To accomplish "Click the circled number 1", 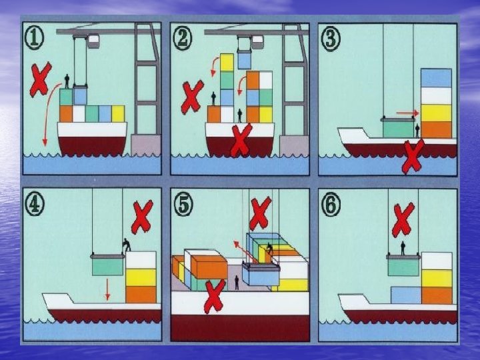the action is tap(34, 37).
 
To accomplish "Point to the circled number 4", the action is tap(34, 203).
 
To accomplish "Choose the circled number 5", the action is tap(183, 205).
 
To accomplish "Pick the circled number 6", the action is tap(331, 205).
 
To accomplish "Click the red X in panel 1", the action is tap(40, 80).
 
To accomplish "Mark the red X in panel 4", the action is tap(142, 217).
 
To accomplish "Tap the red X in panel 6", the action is tap(403, 219).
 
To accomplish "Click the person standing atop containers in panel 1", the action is tap(67, 81).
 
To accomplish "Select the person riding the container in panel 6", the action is tap(403, 248).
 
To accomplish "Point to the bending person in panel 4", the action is tap(127, 245).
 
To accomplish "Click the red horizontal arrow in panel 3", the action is tap(407, 113).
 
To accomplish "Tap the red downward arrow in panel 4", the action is tap(107, 289).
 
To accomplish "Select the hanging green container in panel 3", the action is tap(398, 129).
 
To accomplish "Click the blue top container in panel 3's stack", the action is tap(436, 78).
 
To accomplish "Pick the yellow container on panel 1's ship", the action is tap(118, 114).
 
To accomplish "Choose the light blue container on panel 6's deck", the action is tap(406, 295).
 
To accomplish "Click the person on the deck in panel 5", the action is tap(237, 283).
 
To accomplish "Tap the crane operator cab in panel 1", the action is tap(93, 41).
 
